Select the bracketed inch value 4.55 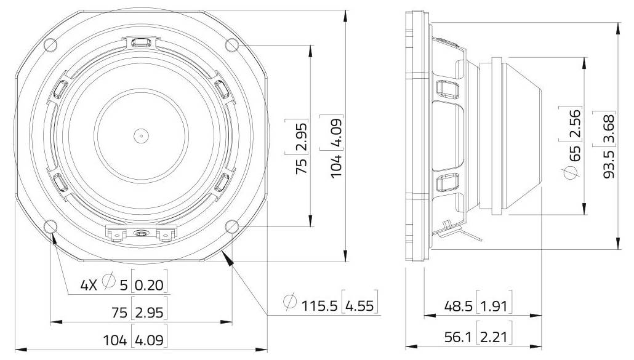(x=360, y=305)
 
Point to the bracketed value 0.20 (x=150, y=285)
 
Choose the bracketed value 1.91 (x=496, y=306)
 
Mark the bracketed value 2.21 (x=496, y=337)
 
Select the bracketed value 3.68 (x=609, y=128)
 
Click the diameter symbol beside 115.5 (x=290, y=303)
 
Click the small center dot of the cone (x=141, y=135)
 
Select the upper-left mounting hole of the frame (x=51, y=44)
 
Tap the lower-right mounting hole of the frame (x=232, y=226)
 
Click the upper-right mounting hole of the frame (x=232, y=44)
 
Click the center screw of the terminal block (x=141, y=233)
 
